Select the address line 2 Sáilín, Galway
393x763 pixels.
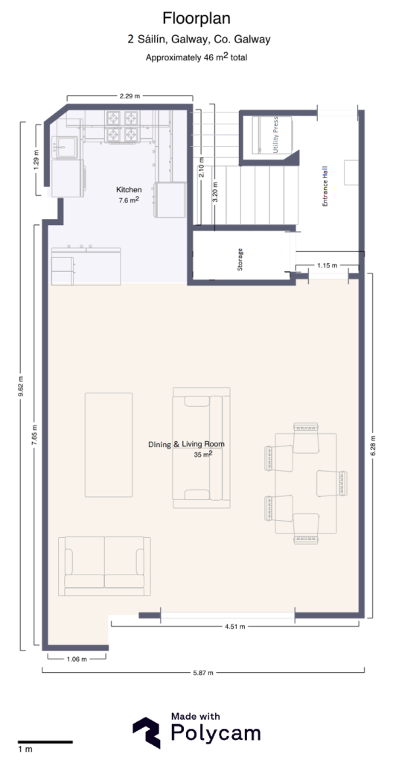pyautogui.click(x=196, y=40)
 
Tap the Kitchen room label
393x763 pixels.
pyautogui.click(x=129, y=190)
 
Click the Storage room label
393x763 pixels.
pyautogui.click(x=240, y=259)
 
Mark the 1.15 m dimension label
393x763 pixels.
pyautogui.click(x=327, y=265)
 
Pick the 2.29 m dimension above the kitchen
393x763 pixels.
pyautogui.click(x=130, y=96)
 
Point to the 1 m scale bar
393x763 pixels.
pyautogui.click(x=44, y=742)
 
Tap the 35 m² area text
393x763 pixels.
pyautogui.click(x=202, y=454)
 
